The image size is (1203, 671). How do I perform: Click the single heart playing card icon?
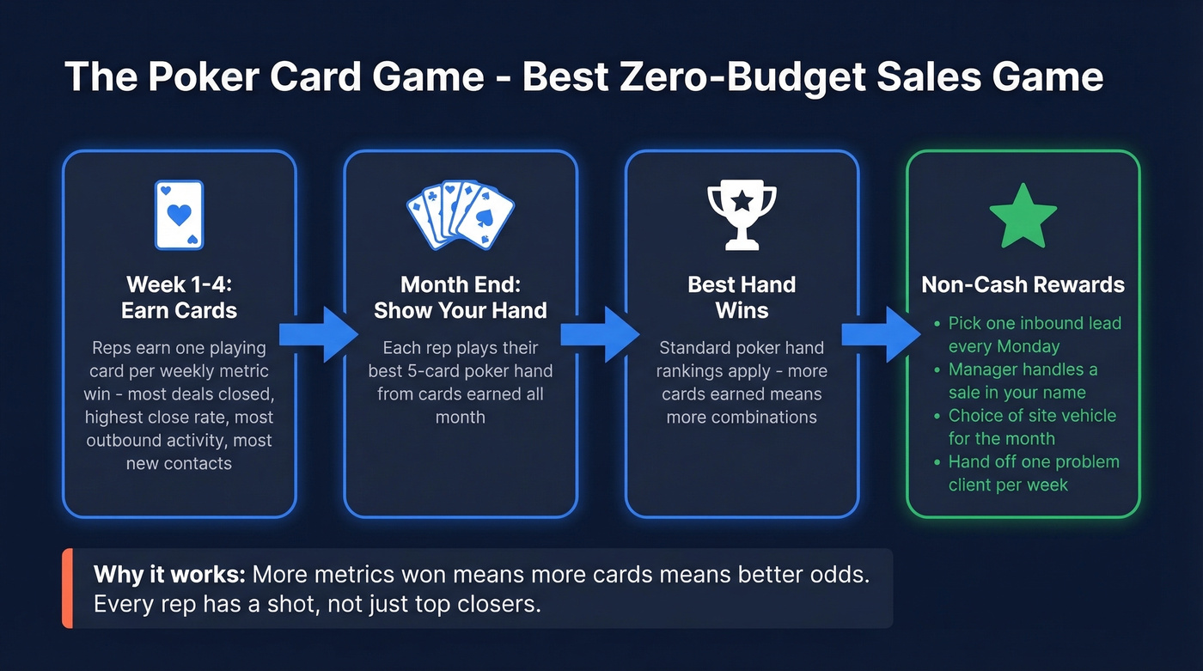(179, 215)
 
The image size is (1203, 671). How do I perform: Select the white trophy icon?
(742, 215)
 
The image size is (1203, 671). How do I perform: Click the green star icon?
(1023, 215)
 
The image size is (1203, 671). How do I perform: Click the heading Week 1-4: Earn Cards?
(179, 297)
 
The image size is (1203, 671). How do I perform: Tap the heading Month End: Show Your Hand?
(460, 297)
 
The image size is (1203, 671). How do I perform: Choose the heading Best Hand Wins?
(742, 297)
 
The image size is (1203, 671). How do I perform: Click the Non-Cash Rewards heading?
(1023, 285)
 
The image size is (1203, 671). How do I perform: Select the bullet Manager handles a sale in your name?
(1023, 381)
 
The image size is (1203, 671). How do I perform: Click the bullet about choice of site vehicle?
(1031, 427)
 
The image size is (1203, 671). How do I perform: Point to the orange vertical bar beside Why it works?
(67, 589)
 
